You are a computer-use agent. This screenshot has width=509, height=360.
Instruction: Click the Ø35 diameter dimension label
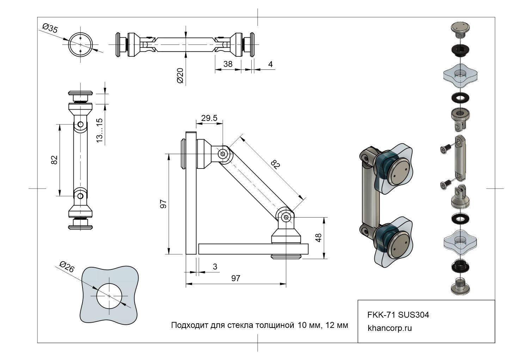50,29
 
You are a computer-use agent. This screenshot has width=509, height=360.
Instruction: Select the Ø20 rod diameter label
180,75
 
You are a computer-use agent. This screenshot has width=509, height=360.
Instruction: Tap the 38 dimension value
228,64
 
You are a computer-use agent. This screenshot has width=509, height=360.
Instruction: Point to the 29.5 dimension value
209,118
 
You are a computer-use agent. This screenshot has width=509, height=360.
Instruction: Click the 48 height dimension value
319,238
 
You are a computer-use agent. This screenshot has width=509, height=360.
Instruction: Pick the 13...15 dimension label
99,130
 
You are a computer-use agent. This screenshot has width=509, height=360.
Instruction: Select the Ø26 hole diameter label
67,267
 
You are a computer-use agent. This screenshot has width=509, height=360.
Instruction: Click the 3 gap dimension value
215,266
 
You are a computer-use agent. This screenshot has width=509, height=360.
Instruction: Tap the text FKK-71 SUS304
398,315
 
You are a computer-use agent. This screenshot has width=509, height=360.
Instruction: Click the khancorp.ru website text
390,328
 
